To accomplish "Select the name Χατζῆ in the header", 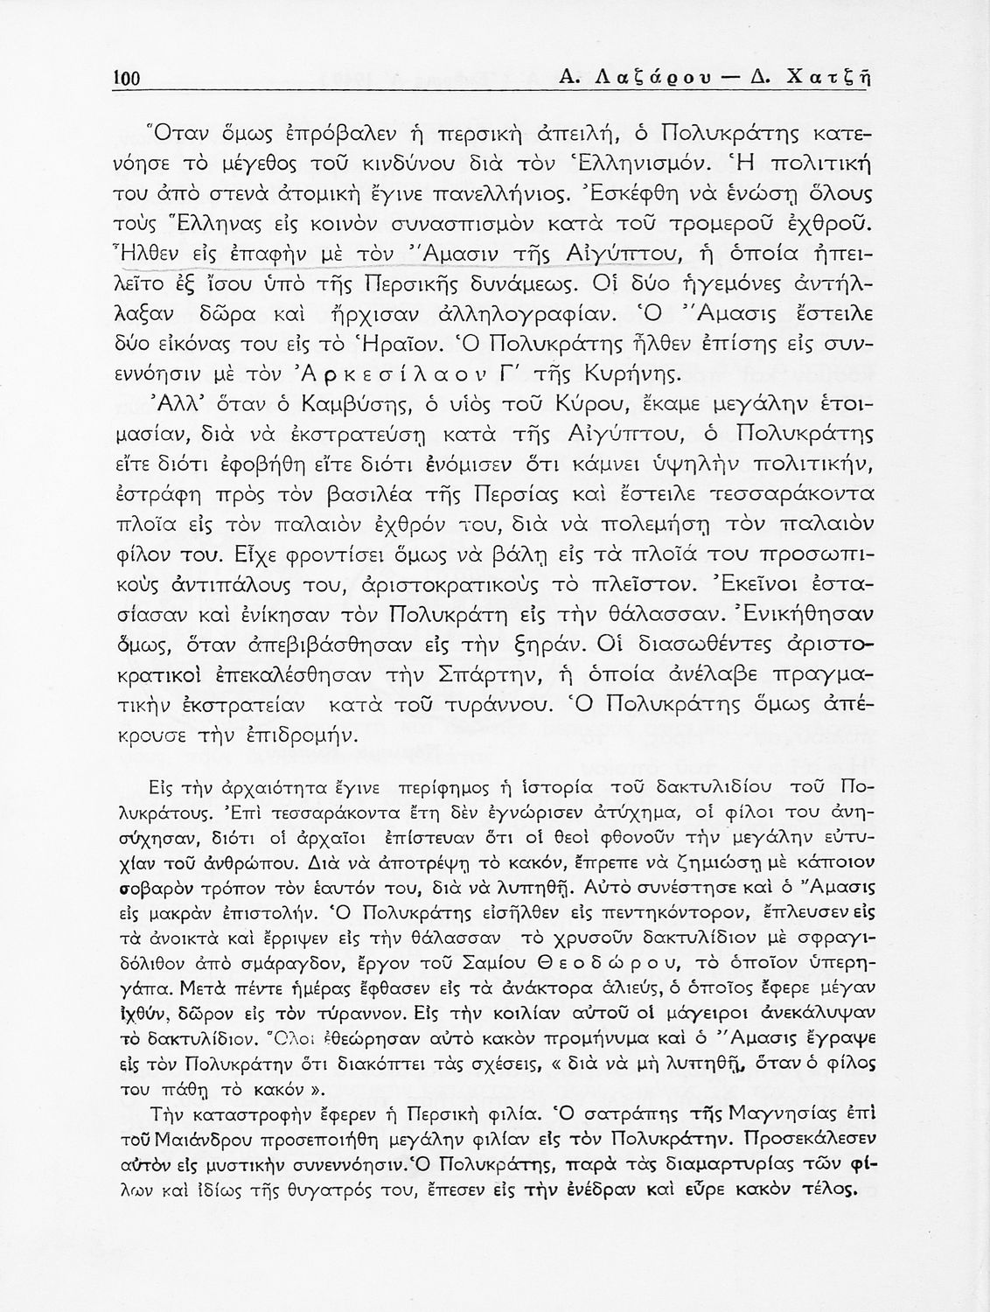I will tap(831, 77).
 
